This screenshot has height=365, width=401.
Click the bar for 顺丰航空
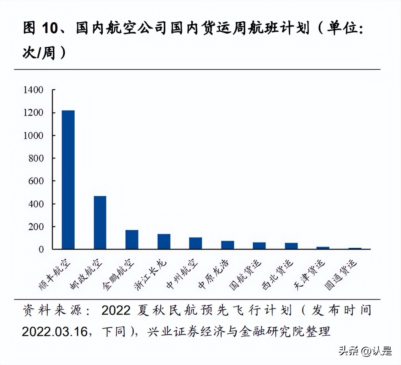tap(68, 180)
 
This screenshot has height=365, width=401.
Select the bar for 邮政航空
tap(100, 223)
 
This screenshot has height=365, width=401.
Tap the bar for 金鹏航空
tap(132, 240)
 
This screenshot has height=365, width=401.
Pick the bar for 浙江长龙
tap(164, 241)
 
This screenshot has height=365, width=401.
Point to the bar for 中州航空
tap(195, 243)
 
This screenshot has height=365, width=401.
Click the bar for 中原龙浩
tap(227, 245)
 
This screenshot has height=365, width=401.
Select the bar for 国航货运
tap(259, 246)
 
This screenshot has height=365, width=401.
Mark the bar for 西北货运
tap(291, 246)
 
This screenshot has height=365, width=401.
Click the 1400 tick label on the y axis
tap(33, 90)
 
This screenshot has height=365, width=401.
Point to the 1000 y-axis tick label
tap(33, 135)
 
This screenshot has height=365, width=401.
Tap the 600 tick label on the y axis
tap(36, 181)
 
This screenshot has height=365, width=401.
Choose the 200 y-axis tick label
tap(36, 227)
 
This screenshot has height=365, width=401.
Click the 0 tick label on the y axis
tap(41, 250)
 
